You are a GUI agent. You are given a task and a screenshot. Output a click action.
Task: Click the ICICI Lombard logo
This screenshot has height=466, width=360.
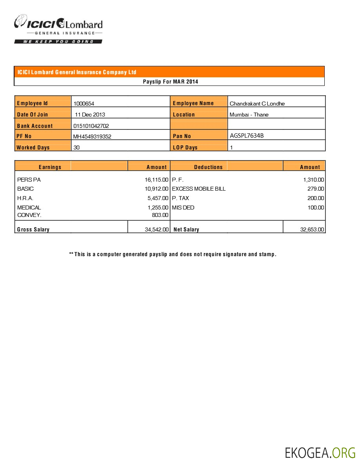(x=58, y=28)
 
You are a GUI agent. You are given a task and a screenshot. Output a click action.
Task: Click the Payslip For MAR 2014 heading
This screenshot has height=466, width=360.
(x=170, y=82)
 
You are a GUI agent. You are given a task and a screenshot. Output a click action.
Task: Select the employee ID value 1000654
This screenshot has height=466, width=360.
(x=84, y=104)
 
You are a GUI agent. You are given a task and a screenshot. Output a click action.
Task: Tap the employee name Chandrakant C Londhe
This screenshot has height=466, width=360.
(x=257, y=104)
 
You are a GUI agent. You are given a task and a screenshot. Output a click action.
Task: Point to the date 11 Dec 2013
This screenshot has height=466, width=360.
(x=90, y=115)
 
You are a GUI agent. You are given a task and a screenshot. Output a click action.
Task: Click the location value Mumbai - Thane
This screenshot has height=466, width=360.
(x=249, y=115)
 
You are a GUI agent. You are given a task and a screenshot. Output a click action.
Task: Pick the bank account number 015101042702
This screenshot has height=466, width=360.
(x=91, y=126)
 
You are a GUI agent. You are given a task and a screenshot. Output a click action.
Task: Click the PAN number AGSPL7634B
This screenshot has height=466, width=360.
(x=247, y=136)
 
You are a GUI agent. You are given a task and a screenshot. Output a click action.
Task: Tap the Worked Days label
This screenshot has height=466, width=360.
(x=33, y=147)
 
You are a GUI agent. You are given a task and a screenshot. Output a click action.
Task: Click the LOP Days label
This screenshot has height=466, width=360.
(x=185, y=147)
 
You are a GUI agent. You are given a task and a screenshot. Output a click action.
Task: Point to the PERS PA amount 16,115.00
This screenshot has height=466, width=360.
(x=156, y=180)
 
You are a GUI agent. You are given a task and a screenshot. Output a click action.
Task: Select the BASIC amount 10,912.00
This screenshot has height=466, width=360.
(x=156, y=189)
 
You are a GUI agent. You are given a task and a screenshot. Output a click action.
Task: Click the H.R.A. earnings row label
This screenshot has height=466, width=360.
(x=25, y=198)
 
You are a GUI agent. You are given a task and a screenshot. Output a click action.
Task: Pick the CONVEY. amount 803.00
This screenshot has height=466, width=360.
(x=160, y=215)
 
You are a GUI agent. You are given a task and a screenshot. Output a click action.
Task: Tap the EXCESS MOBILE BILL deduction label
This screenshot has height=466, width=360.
(x=199, y=189)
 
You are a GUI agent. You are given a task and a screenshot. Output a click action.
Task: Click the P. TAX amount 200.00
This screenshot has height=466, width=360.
(x=316, y=198)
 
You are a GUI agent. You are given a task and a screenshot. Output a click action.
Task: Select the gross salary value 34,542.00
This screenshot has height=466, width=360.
(x=157, y=229)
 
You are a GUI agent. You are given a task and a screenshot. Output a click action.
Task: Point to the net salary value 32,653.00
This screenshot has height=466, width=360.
(x=312, y=229)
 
